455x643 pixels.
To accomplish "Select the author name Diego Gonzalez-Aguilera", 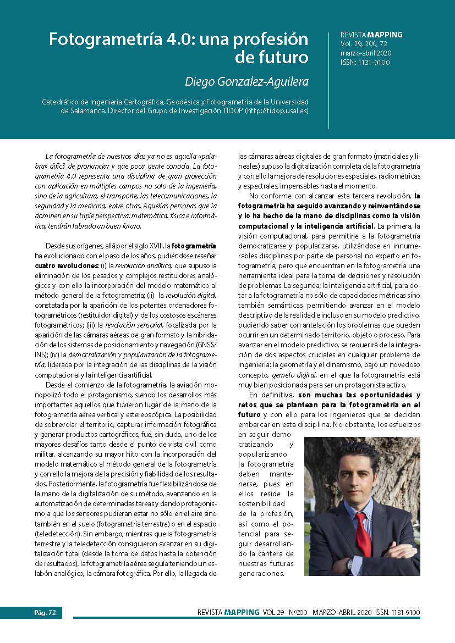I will [246, 81].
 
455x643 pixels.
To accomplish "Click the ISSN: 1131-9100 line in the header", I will [365, 62].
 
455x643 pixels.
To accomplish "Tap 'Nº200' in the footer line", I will [298, 612].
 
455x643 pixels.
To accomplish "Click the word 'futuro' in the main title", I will [281, 57].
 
